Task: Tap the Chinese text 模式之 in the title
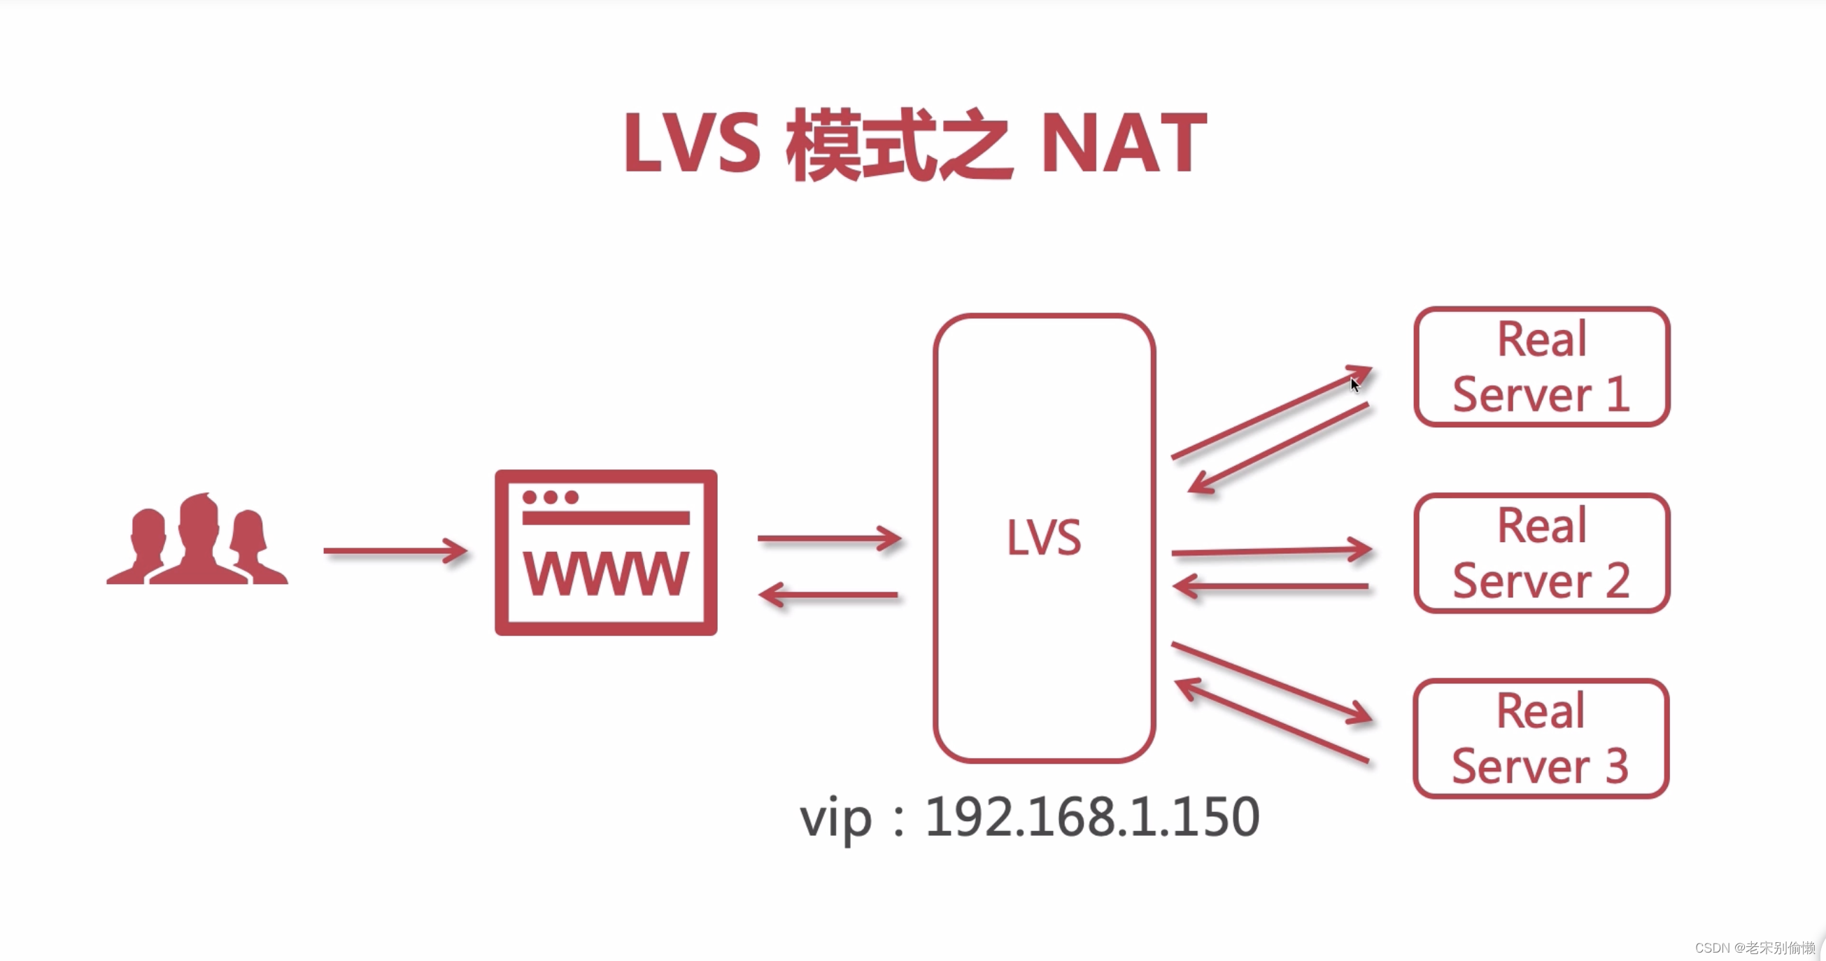[899, 145]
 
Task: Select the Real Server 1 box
[1541, 366]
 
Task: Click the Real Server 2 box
[1541, 553]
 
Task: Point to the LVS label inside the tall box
[1044, 538]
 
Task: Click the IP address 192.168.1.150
[1091, 817]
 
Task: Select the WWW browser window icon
[606, 553]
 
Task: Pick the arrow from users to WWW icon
[395, 550]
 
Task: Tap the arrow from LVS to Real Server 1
[1269, 413]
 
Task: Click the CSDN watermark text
[1755, 948]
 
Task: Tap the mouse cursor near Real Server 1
[1354, 385]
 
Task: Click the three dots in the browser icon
[550, 497]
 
